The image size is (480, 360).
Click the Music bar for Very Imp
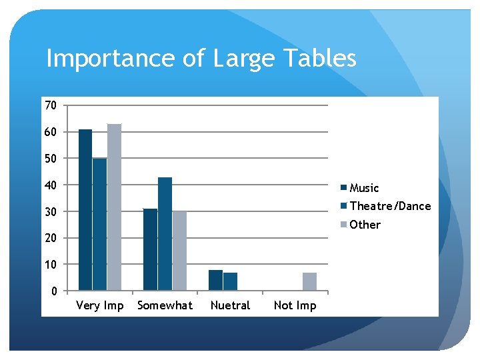tap(85, 210)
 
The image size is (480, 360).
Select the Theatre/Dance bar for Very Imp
tap(99, 224)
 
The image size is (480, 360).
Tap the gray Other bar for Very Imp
tap(114, 207)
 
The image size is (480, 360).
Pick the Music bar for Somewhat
tap(150, 249)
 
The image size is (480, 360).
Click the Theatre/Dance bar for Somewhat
tap(165, 233)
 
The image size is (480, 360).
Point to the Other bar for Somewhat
tap(179, 251)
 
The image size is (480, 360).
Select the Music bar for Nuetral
tap(215, 280)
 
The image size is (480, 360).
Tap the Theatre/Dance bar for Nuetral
tap(230, 281)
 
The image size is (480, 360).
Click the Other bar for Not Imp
tap(309, 281)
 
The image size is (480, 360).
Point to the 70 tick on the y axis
tap(51, 105)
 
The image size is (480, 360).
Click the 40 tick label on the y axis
tap(51, 185)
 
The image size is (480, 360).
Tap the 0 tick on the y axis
tap(53, 291)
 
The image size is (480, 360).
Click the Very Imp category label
tap(100, 305)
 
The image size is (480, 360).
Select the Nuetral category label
tap(230, 305)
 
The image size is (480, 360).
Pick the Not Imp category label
tap(295, 305)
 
